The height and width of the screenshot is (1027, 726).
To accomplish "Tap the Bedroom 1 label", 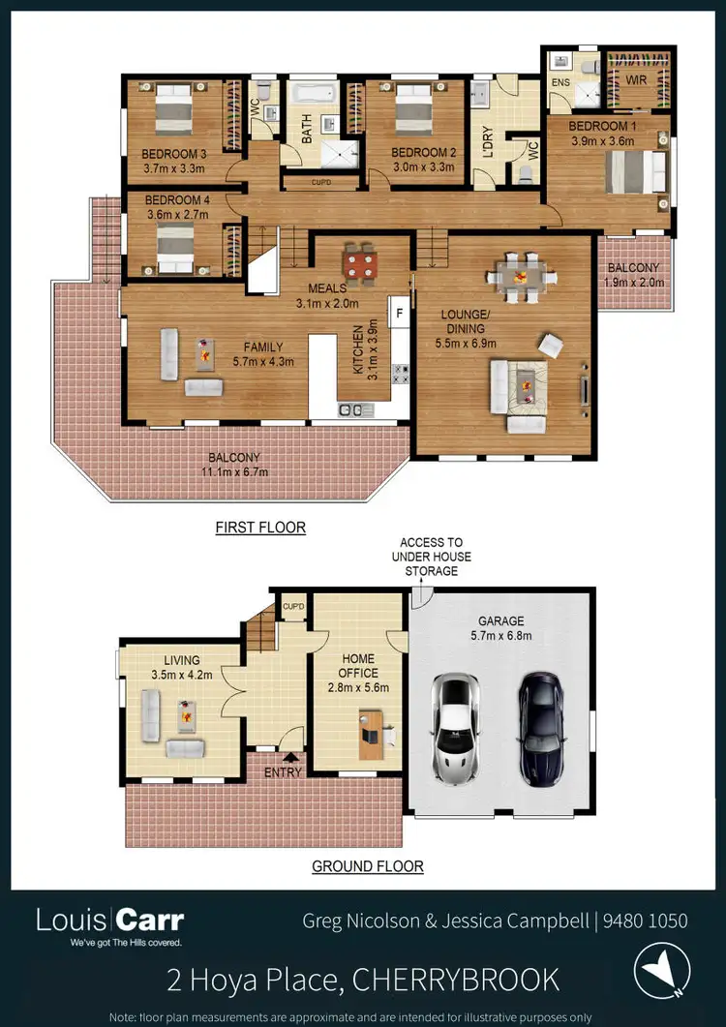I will click(602, 128).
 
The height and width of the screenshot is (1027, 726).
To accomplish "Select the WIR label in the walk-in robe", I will click(634, 80).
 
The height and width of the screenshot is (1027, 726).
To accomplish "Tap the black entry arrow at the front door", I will click(287, 758).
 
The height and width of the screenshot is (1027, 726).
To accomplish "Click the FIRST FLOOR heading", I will click(260, 528).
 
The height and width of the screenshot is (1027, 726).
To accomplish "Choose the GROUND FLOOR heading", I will click(367, 866).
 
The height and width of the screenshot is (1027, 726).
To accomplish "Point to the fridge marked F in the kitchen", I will click(397, 313).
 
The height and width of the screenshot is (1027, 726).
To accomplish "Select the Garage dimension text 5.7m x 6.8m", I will click(500, 636).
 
